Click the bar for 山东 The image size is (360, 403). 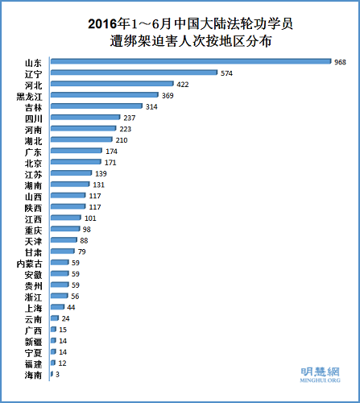coord(191,61)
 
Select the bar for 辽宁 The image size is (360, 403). coord(134,73)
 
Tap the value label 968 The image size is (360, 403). coord(341,61)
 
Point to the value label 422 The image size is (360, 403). coord(183,84)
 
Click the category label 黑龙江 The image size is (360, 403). coord(32,95)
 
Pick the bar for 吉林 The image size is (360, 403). coord(97,106)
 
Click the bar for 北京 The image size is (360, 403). coord(76,162)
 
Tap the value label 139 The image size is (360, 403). coord(101,173)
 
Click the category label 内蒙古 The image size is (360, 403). coord(32,263)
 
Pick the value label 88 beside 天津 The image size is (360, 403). coord(83,240)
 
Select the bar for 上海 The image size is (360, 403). coord(57,307)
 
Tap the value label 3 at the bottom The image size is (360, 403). coord(58,374)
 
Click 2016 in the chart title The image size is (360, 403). coord(105,23)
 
